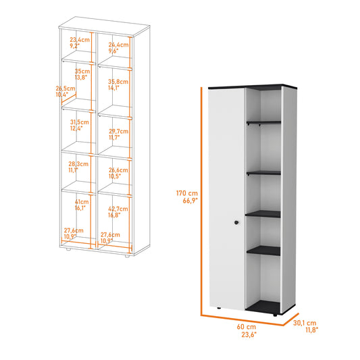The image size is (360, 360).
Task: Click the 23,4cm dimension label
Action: (80, 43)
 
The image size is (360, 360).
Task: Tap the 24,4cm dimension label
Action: (118, 48)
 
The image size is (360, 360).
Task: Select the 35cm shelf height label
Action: (82, 74)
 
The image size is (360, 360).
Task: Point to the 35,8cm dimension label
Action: (118, 84)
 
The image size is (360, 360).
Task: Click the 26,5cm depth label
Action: (66, 91)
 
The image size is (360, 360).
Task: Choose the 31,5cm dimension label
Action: (80, 125)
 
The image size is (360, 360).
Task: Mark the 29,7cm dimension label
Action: (118, 134)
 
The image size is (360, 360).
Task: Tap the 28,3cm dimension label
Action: (78, 167)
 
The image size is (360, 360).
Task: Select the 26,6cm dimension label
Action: (118, 173)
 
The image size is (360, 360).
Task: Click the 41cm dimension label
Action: (82, 205)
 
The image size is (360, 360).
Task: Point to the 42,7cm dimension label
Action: (118, 212)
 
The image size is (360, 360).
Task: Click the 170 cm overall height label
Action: (187, 197)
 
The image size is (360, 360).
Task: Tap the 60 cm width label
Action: (247, 330)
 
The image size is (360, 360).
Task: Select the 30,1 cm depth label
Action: (305, 326)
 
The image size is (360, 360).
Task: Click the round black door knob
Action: (236, 222)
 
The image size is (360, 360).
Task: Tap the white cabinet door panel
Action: (226, 199)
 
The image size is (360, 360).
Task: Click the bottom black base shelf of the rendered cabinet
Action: (263, 307)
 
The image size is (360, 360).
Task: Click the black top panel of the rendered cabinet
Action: (253, 86)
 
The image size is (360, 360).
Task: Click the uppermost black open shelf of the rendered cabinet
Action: (264, 122)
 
